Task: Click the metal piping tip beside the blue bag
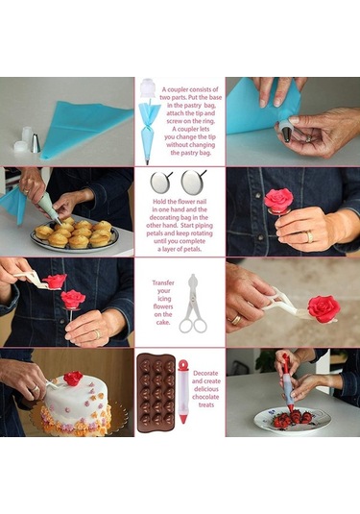point(36,142)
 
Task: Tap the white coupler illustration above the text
point(147,88)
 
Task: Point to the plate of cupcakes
point(74,234)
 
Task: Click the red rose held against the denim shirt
point(278,199)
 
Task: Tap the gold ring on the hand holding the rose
point(310,236)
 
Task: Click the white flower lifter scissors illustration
point(193,304)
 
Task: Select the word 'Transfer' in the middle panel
point(163,282)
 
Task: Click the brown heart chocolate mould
point(156,393)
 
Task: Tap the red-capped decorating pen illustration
point(183,391)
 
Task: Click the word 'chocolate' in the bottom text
point(206,397)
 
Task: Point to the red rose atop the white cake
point(73,379)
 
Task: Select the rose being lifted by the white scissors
point(324,308)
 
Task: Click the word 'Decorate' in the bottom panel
point(205,373)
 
